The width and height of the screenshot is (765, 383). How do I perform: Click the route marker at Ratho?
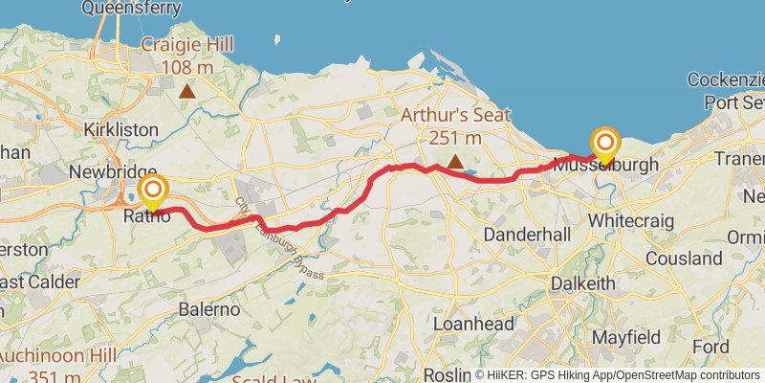tap(152, 190)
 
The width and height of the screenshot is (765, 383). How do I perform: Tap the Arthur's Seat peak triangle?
tap(455, 162)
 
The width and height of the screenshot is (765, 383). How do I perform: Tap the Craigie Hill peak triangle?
tap(187, 92)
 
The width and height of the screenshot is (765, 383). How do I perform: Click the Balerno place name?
tap(210, 309)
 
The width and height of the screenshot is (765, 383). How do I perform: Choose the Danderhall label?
tap(528, 235)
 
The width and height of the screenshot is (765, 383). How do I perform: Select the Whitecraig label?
tap(631, 221)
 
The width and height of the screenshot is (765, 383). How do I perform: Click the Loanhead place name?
tap(468, 325)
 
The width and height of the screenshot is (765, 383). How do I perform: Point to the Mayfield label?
tap(626, 337)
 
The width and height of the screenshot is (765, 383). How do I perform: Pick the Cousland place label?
tap(684, 259)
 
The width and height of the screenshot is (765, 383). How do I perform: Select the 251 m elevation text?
tap(454, 138)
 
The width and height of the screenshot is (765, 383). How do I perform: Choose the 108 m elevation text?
tap(187, 68)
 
